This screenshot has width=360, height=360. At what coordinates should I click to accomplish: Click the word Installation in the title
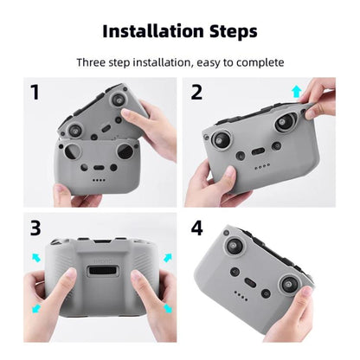click(153, 31)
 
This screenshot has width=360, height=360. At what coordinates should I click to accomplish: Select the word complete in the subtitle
click(257, 62)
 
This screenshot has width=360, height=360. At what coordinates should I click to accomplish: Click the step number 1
click(35, 92)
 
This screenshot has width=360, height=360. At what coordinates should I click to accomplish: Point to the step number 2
click(196, 92)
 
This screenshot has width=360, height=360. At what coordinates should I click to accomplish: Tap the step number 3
click(35, 228)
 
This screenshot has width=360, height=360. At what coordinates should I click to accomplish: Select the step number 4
click(196, 228)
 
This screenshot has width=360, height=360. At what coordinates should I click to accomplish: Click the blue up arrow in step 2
click(297, 91)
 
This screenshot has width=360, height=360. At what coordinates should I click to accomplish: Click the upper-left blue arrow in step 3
click(36, 256)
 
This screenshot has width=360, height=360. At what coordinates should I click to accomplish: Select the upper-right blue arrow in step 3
click(166, 256)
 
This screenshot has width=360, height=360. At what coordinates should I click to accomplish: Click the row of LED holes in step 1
click(101, 180)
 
